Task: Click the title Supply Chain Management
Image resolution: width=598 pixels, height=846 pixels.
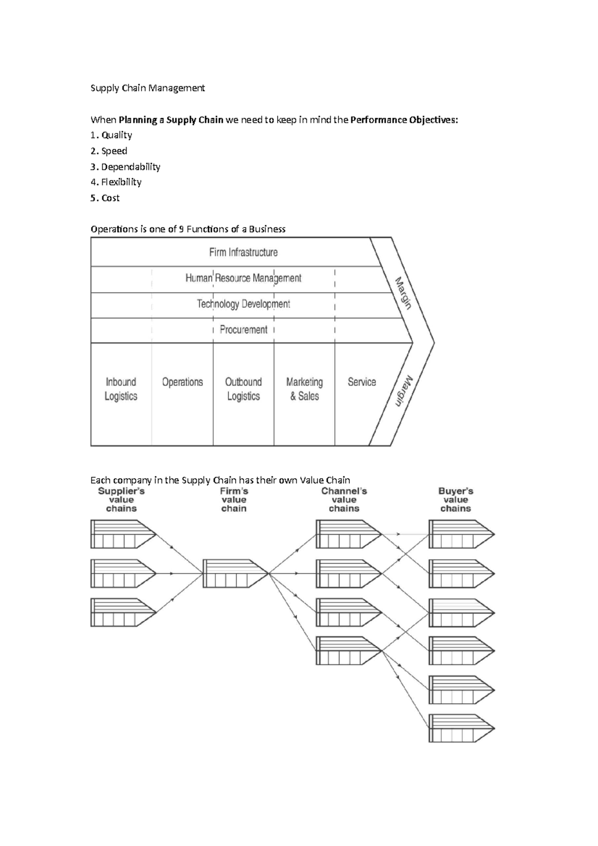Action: point(148,88)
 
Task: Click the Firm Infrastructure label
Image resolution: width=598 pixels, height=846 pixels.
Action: point(243,252)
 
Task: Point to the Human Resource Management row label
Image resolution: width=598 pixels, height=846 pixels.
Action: point(243,278)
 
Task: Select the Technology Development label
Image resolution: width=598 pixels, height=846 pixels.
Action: point(243,304)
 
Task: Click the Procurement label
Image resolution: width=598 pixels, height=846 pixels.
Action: point(243,330)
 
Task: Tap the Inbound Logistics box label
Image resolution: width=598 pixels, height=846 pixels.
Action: point(121,389)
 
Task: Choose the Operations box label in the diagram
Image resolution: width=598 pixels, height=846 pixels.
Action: point(182,382)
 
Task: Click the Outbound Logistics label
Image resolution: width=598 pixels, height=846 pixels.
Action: point(243,389)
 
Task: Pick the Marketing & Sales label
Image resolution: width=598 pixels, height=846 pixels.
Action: point(304,389)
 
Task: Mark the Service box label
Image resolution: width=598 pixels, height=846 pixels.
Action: point(362,382)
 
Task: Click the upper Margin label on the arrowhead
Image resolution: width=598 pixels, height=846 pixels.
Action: point(404,293)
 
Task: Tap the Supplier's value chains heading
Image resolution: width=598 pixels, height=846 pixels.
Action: point(121,500)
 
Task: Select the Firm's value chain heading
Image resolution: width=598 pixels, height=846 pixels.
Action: point(234,500)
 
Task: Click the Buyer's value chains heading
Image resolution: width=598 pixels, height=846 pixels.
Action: point(455,500)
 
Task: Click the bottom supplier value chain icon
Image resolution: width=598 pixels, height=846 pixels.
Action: point(123,612)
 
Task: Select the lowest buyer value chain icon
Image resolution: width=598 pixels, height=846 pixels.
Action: point(461,728)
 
